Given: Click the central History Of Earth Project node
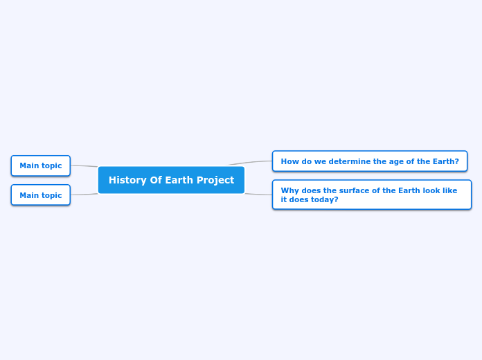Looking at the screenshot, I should pyautogui.click(x=171, y=180).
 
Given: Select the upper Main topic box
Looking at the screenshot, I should pyautogui.click(x=40, y=166).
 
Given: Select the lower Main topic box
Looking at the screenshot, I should pyautogui.click(x=40, y=195).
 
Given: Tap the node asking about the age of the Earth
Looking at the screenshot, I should pyautogui.click(x=369, y=161).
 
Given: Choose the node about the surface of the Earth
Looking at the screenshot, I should pyautogui.click(x=371, y=195).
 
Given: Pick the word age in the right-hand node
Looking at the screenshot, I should pyautogui.click(x=386, y=162).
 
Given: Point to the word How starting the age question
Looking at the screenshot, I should pyautogui.click(x=289, y=161).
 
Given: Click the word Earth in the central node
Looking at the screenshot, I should pyautogui.click(x=179, y=180).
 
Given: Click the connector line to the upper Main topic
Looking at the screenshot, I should pyautogui.click(x=84, y=166).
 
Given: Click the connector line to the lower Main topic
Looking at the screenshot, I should pyautogui.click(x=84, y=195).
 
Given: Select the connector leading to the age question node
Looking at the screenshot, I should pyautogui.click(x=251, y=163).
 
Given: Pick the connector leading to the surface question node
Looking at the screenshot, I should pyautogui.click(x=258, y=195).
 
